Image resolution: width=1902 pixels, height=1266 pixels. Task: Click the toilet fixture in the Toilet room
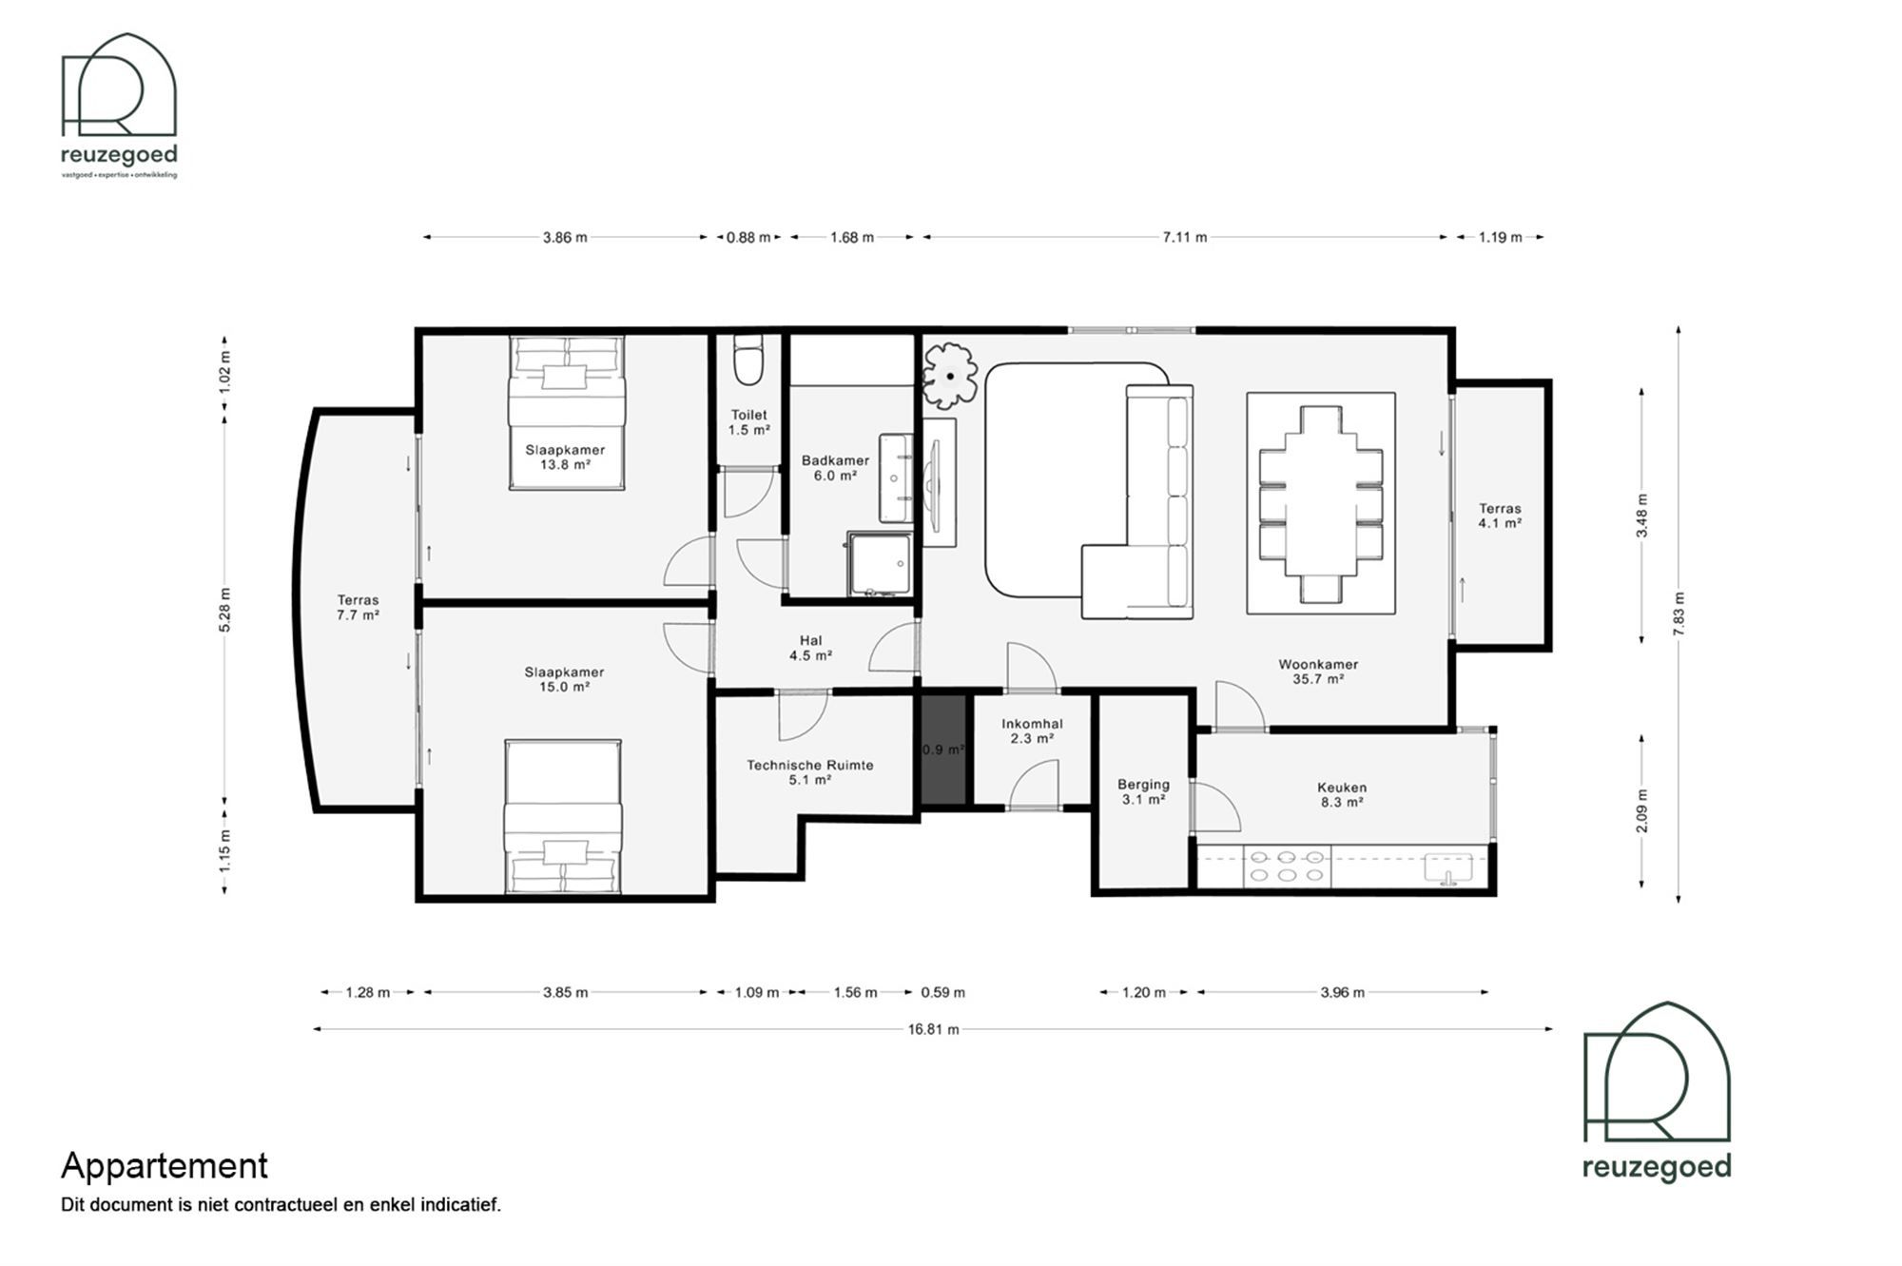[x=749, y=361]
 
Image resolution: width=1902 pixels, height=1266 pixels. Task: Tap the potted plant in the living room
[x=949, y=376]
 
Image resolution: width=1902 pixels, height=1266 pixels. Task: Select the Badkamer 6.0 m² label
[x=835, y=468]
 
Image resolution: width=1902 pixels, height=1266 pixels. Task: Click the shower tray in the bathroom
[x=879, y=564]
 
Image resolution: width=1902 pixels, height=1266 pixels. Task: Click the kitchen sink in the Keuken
[x=1447, y=867]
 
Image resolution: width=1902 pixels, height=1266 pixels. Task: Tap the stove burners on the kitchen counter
[x=1287, y=867]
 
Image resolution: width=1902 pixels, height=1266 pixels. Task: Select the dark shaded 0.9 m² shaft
[x=942, y=750]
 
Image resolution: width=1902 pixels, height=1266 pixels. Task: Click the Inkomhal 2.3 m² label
[x=1032, y=730]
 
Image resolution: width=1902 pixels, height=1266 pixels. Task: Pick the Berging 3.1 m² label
[x=1143, y=791]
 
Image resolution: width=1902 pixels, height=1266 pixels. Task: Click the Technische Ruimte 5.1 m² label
[x=809, y=771]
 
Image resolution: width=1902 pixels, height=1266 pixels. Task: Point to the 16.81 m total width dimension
[x=933, y=1029]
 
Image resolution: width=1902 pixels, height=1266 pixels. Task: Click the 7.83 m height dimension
[x=1679, y=614]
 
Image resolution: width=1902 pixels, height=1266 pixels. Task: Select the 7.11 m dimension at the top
[x=1184, y=237]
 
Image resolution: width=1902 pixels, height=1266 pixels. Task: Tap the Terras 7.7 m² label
[x=358, y=607]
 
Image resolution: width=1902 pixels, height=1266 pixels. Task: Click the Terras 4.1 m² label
[x=1500, y=516]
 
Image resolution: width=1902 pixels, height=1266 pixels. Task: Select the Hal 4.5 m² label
[x=810, y=648]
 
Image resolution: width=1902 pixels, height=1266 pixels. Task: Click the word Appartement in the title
[x=165, y=1165]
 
